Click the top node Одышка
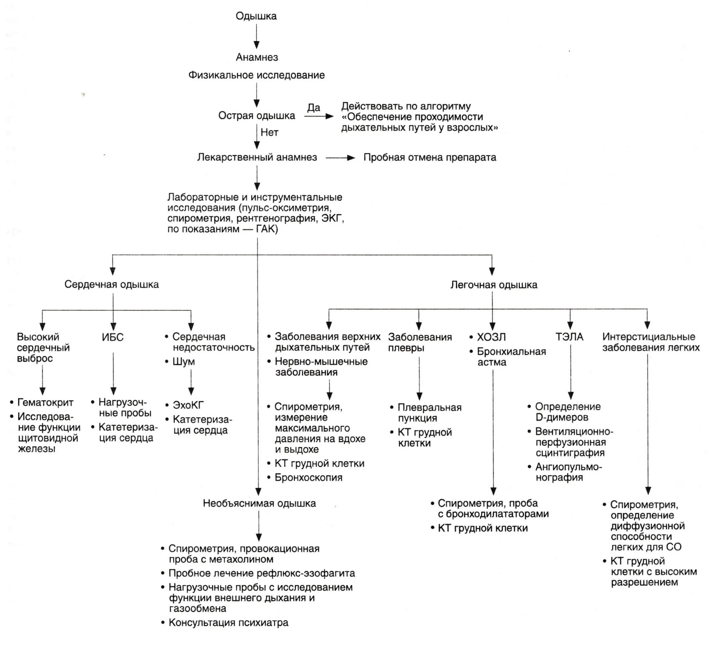(x=256, y=16)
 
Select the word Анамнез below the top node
(x=257, y=57)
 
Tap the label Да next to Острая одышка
(x=313, y=108)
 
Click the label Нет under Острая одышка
(x=269, y=133)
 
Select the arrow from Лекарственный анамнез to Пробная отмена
(x=340, y=158)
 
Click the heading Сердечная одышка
(x=111, y=284)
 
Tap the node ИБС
(x=113, y=337)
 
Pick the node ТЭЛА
(x=569, y=337)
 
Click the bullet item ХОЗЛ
(x=491, y=337)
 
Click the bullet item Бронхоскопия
(x=308, y=478)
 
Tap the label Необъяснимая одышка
(x=259, y=503)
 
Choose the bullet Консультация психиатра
(x=228, y=623)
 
